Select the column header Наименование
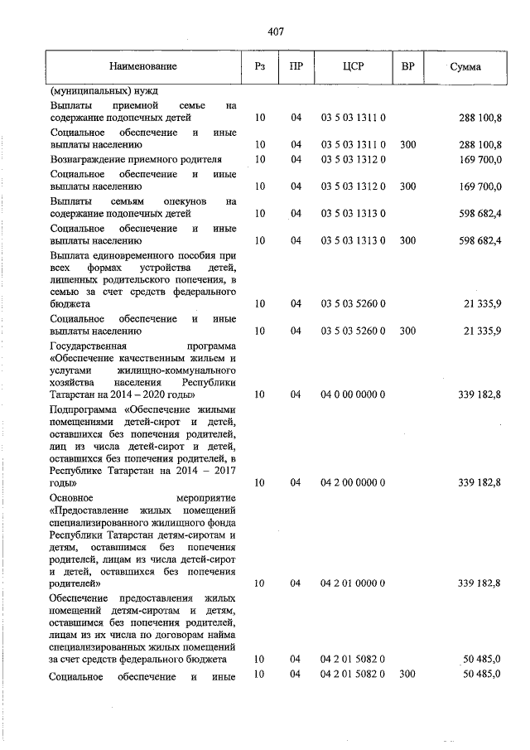click(142, 66)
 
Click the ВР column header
click(407, 66)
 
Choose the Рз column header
click(260, 66)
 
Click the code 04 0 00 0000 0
click(353, 394)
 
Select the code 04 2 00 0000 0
click(353, 481)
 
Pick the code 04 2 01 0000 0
click(353, 583)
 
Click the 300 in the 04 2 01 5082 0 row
click(407, 675)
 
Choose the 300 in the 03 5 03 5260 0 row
click(407, 331)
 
